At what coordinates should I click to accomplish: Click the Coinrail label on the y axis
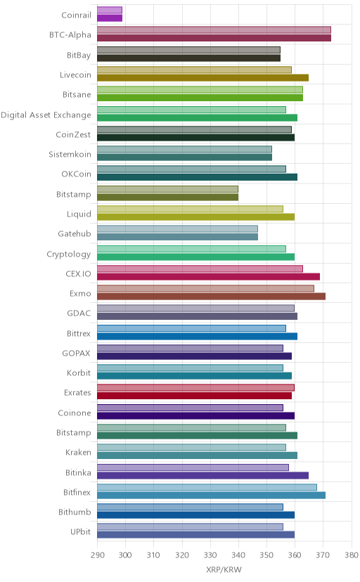pos(76,15)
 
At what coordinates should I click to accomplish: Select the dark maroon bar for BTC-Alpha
pos(214,38)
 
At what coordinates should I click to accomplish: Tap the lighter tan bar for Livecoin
pos(195,70)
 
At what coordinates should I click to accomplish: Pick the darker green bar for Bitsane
pos(200,98)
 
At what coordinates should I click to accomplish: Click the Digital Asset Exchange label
pos(46,115)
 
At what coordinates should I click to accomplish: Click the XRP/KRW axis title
pos(224,570)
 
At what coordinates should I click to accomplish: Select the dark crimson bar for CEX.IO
pos(209,276)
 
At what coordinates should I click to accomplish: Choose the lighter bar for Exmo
pos(205,288)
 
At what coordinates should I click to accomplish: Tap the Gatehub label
pos(75,234)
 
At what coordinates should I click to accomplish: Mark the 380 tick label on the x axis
pos(351,555)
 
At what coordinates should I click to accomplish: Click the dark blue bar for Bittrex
pos(197,336)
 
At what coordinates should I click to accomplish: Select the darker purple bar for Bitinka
pos(202,475)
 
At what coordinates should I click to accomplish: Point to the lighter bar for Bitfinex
pos(207,487)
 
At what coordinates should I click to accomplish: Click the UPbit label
pos(81,532)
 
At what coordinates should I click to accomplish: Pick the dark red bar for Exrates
pos(195,396)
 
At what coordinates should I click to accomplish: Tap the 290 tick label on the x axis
pos(98,555)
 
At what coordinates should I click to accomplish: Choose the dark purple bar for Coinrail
pos(110,18)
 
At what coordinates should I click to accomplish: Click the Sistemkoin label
pos(70,155)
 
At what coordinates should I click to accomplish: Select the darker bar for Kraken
pos(197,455)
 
